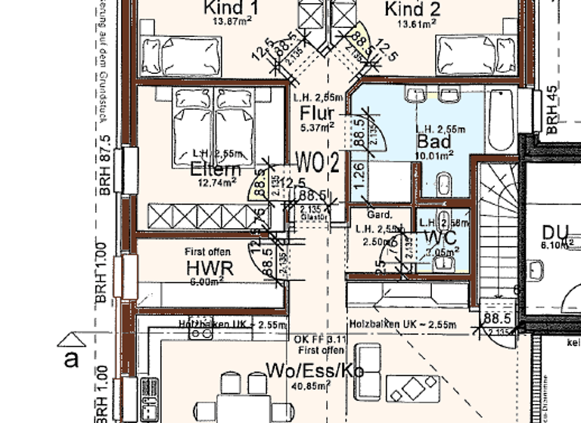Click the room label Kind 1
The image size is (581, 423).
pos(228,8)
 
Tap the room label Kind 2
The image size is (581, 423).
pos(412,8)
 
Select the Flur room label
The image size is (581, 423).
pos(317,113)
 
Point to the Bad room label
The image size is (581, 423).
pos(433,141)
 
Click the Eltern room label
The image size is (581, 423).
pos(216,168)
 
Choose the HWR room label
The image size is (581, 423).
pos(210,267)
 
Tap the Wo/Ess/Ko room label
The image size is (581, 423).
pos(310,370)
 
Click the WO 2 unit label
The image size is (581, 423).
pos(317,161)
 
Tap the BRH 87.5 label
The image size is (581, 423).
pos(105,165)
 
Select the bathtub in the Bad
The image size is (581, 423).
pos(501,121)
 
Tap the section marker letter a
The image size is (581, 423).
pos(71,359)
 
